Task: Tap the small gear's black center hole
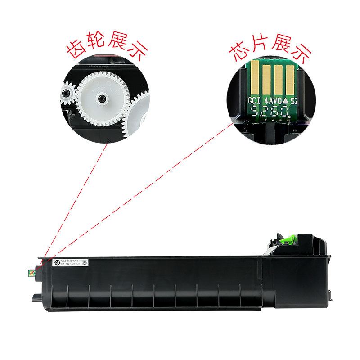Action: point(66,94)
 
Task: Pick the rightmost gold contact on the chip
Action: point(290,78)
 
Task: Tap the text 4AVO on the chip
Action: point(273,100)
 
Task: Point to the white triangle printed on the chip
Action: point(285,101)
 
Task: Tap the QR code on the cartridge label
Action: point(85,262)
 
